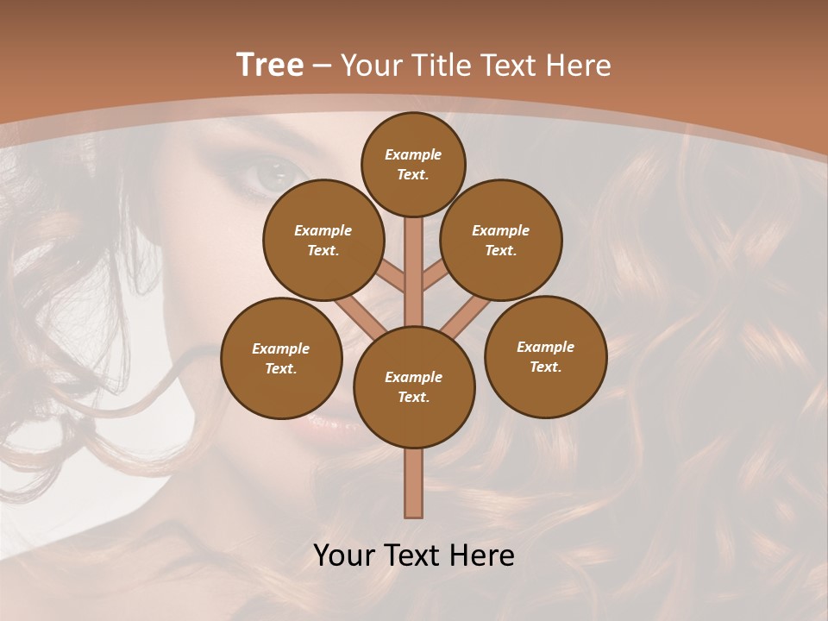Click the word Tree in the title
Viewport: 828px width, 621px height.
270,65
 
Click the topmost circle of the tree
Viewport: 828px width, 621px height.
413,164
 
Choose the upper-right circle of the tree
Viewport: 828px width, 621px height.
501,240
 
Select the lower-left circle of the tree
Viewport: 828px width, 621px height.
281,358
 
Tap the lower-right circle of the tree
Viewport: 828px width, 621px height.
545,356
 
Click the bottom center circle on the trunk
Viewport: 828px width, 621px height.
414,387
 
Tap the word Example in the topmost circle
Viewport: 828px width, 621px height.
413,154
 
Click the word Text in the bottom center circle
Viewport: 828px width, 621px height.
413,398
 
